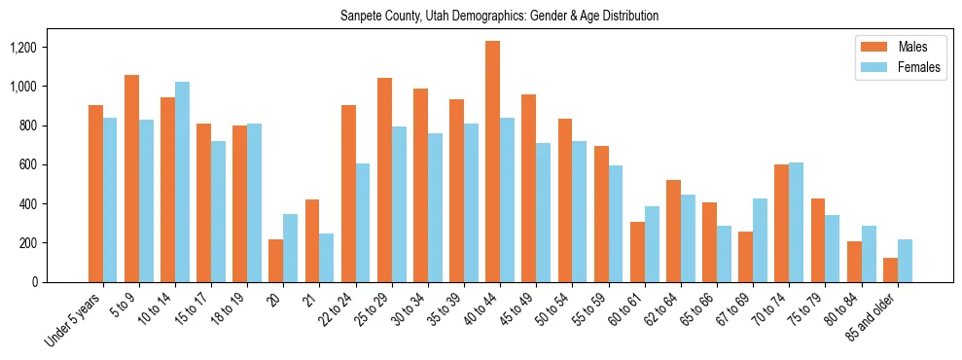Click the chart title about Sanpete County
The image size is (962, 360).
pos(499,16)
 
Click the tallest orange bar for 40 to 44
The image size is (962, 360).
pos(493,162)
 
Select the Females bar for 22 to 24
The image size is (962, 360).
pos(363,223)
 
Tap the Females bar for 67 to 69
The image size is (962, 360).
pos(760,240)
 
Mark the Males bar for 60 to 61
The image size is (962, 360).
pos(637,252)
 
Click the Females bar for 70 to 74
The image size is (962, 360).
pos(796,222)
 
